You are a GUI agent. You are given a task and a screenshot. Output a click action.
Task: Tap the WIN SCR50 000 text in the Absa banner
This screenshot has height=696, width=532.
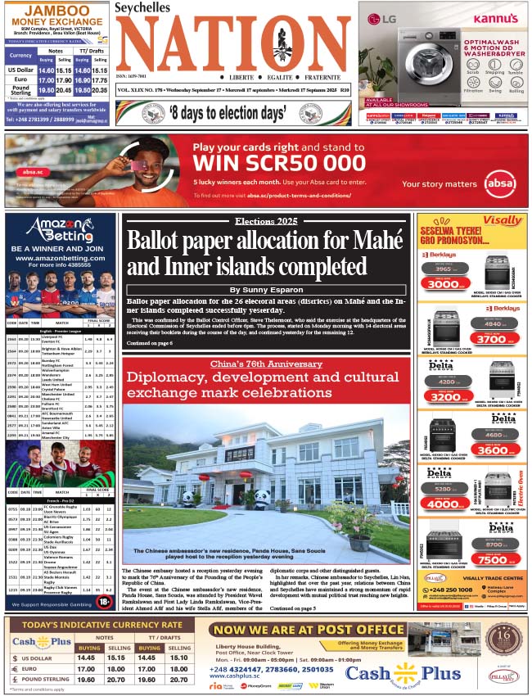[x=278, y=162]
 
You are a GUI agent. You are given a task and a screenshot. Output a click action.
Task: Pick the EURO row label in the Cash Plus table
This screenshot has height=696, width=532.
[x=37, y=667]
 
